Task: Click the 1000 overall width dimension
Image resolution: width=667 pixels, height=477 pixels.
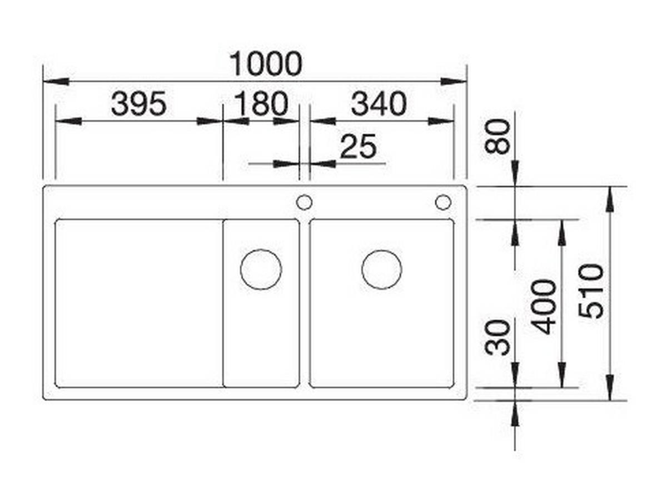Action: (x=266, y=64)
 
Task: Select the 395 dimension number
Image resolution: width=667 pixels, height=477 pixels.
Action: (x=138, y=104)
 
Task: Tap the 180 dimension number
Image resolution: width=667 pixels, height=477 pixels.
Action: (x=261, y=104)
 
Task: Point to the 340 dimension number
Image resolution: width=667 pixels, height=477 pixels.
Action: (x=379, y=104)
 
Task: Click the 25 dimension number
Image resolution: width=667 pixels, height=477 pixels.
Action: (x=358, y=146)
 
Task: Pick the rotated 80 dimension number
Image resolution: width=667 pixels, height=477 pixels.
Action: (x=497, y=136)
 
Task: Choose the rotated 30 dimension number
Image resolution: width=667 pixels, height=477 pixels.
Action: (x=497, y=338)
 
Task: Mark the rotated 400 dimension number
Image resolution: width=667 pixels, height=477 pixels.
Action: (x=544, y=307)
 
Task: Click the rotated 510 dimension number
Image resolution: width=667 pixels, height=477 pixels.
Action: (x=591, y=291)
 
